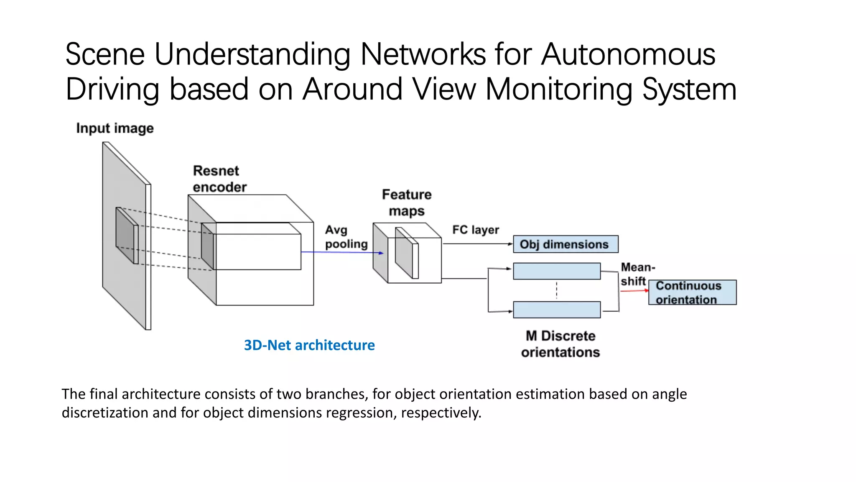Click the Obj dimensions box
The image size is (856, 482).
[x=566, y=244]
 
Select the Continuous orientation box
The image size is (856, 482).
[x=692, y=292]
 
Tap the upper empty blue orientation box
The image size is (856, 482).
[x=557, y=271]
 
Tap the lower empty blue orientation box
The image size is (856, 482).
[x=557, y=310]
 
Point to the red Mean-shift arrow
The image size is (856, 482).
[x=634, y=290]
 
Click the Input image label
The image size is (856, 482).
[x=115, y=128]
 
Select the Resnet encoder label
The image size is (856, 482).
[x=219, y=179]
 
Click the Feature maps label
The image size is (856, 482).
[x=406, y=203]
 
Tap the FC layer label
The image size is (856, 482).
[x=475, y=230]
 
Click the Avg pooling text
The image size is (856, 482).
[x=346, y=237]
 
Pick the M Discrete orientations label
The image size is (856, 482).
[x=560, y=344]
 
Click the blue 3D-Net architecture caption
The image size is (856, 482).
[x=309, y=345]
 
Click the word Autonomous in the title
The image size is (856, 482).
[x=628, y=54]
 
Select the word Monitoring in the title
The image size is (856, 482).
[x=559, y=89]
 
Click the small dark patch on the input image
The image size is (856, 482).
[x=125, y=234]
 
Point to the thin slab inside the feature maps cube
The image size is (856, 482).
[x=405, y=253]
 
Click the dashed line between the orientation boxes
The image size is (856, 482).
[x=557, y=290]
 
